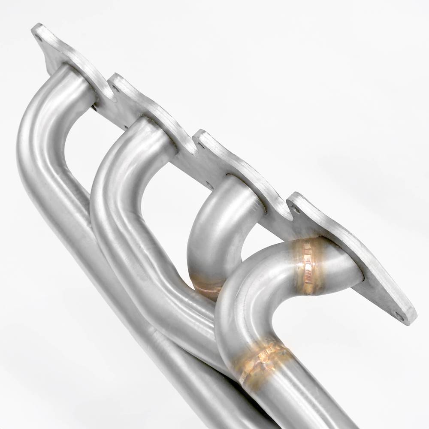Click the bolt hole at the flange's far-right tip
point(399,317)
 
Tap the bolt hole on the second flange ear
point(115,89)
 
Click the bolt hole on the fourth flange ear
point(295,209)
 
